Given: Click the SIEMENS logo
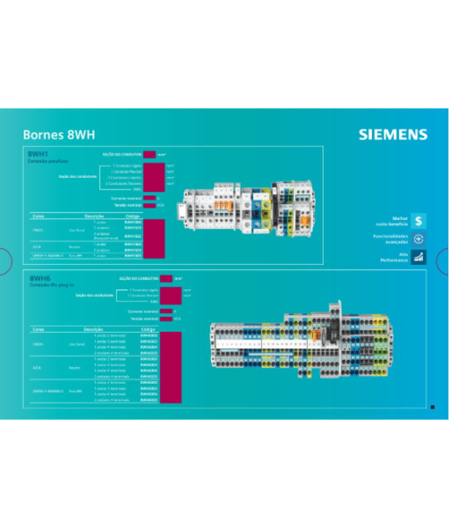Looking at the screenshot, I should [393, 135].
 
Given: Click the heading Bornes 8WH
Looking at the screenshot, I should [58, 135].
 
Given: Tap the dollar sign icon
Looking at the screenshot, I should [418, 221].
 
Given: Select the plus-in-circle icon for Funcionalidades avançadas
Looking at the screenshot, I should [418, 239].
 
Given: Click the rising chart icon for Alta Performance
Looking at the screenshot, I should [418, 257].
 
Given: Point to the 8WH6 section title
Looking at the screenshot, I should [39, 278].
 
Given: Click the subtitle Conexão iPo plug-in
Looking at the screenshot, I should [52, 284].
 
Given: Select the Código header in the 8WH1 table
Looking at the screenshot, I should [133, 216].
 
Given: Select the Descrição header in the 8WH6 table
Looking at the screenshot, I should [94, 329].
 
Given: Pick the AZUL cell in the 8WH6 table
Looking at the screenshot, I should [37, 368].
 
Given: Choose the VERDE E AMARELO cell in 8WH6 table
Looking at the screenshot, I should [46, 391].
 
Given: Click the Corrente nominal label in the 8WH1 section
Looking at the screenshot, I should [126, 198].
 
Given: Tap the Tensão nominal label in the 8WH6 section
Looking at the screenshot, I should [144, 318].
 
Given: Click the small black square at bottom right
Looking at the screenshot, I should [432, 407].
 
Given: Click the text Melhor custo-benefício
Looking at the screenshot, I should [392, 221].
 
